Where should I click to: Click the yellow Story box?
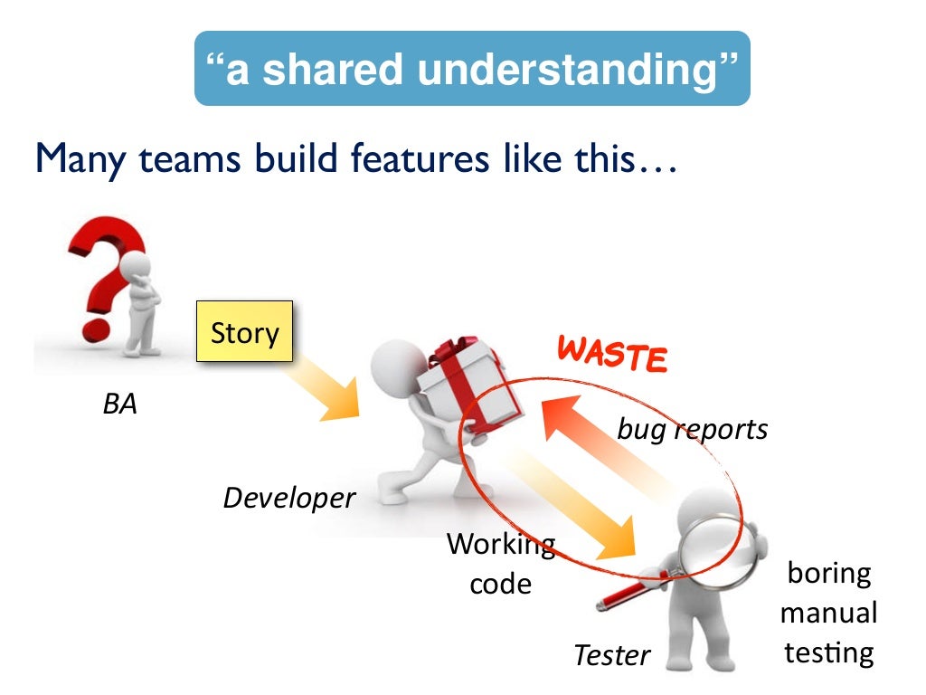244,332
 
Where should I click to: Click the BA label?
119,404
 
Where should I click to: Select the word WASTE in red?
612,353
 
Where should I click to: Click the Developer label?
289,497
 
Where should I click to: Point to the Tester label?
612,654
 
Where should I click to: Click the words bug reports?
692,429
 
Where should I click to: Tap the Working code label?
500,563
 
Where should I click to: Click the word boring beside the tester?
829,574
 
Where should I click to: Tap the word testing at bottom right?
829,652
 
